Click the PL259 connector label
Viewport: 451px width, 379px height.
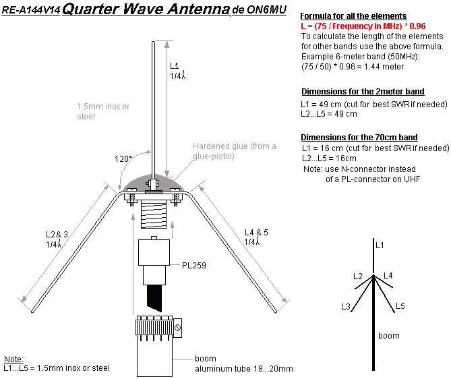tap(194, 265)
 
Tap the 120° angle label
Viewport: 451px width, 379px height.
tap(123, 159)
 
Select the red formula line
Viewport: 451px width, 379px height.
tap(363, 26)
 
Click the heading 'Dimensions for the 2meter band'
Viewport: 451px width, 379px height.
tap(363, 92)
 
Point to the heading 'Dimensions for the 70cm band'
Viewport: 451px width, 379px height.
tap(359, 138)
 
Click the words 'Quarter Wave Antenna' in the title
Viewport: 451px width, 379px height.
tap(146, 9)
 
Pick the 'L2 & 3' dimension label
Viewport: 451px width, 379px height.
tap(57, 234)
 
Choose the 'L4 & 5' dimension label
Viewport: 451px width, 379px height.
tap(256, 232)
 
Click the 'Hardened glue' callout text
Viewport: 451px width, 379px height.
tap(235, 151)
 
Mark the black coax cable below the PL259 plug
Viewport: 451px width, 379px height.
tap(154, 299)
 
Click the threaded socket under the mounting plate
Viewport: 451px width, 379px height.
tap(154, 214)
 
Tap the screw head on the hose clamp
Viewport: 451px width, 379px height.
tap(178, 328)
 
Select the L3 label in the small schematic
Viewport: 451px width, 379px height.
tap(346, 307)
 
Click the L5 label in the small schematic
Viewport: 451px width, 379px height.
tap(400, 306)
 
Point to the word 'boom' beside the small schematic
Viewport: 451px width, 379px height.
tap(389, 336)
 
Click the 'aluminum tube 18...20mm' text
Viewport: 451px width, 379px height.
tap(244, 369)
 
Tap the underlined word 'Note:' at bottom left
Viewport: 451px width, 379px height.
tap(13, 359)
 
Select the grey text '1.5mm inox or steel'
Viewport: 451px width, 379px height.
tap(103, 111)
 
